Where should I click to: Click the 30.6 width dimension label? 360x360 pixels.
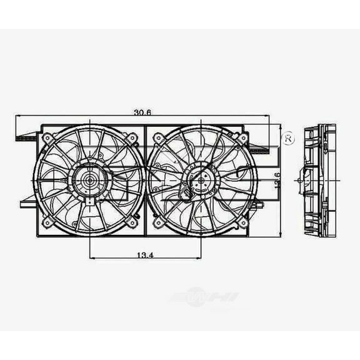point(143,112)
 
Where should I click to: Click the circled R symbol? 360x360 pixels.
point(288,139)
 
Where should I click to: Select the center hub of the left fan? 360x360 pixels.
point(88,181)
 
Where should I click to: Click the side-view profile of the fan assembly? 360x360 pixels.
point(319,181)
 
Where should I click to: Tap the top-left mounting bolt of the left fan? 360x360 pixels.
point(47,137)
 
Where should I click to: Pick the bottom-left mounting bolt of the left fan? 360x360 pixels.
point(47,223)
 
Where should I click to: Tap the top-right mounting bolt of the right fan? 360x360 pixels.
point(241,136)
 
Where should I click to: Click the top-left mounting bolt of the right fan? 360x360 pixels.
point(158,137)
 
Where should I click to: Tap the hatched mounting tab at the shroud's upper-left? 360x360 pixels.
point(27,136)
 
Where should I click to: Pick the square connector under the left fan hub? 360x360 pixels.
point(90,201)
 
